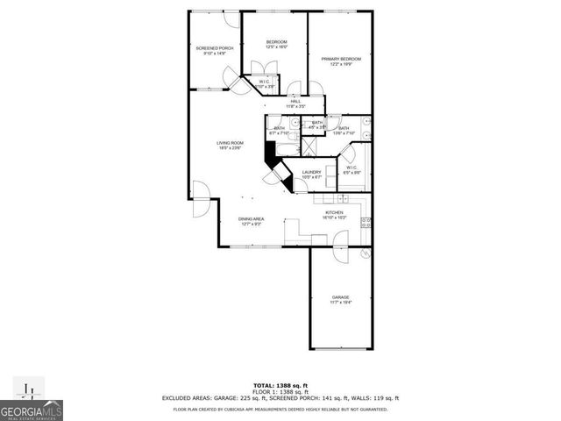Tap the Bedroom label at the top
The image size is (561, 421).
(x=277, y=44)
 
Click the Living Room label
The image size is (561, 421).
(x=231, y=145)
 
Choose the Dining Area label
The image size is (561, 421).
(x=252, y=221)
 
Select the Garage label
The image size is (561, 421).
(x=341, y=299)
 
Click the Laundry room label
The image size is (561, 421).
(x=312, y=174)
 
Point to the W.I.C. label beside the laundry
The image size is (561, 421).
(x=351, y=170)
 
